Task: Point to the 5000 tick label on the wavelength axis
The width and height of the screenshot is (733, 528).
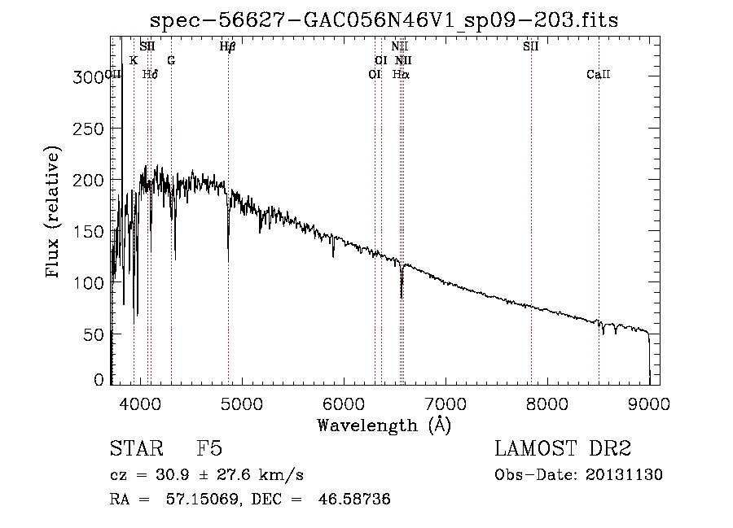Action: [242, 402]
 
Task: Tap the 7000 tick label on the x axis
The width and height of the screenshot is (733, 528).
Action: [446, 402]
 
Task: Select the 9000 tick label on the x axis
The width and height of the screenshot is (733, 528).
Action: [649, 402]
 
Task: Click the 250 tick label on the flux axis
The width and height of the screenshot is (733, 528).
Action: [89, 129]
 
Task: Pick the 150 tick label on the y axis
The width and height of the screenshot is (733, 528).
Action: [89, 231]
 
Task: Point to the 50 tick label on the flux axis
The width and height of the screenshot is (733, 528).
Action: [94, 334]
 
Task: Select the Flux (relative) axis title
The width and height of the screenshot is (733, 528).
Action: [54, 214]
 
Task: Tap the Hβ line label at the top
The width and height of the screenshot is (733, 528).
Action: [228, 47]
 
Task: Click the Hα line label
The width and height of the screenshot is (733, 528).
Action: [402, 74]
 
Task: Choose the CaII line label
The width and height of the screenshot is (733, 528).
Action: [599, 74]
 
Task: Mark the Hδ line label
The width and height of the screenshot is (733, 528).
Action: [150, 74]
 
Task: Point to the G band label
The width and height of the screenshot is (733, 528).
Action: [171, 60]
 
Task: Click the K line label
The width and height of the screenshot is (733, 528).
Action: [134, 60]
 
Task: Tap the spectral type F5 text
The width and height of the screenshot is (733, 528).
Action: [209, 449]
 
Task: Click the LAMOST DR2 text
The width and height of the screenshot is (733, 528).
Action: [561, 449]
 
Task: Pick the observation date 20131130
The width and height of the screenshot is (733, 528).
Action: [626, 475]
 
